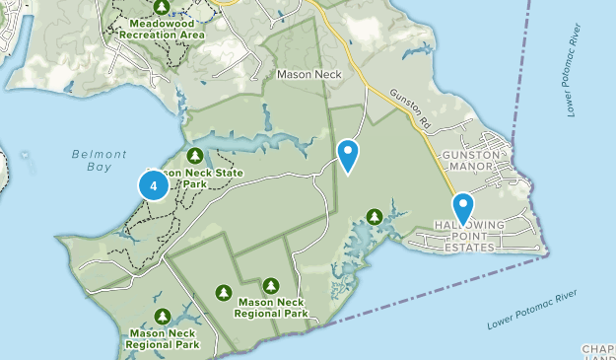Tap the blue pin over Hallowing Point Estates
(462, 208)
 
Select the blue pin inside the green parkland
(348, 155)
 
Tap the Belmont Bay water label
(100, 161)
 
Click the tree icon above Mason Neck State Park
(195, 156)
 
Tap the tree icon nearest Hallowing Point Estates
(374, 216)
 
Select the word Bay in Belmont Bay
(100, 169)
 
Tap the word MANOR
(475, 169)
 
